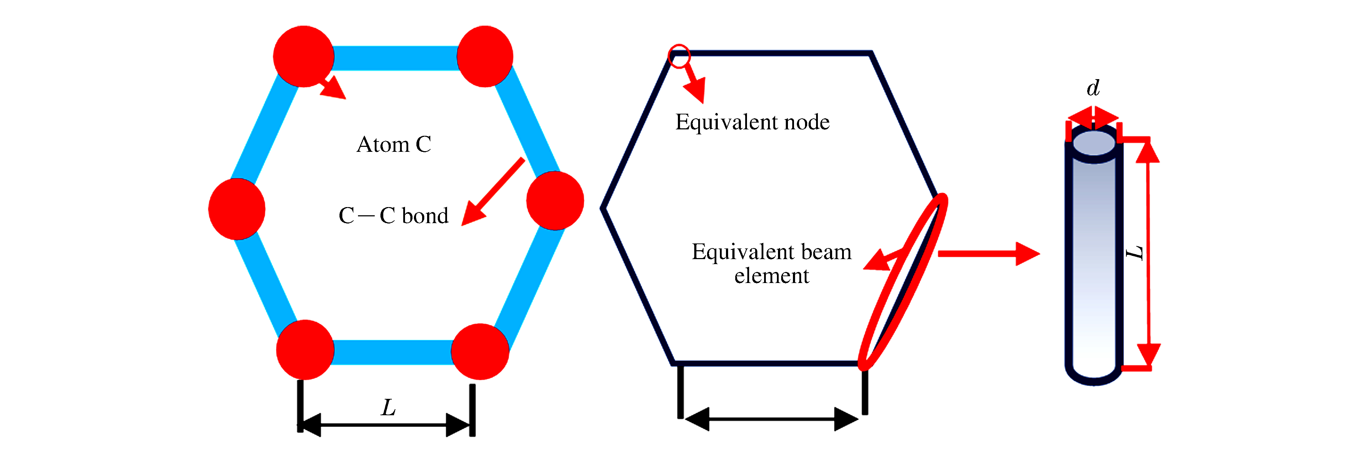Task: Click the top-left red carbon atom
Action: click(303, 56)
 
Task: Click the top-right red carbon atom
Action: click(484, 56)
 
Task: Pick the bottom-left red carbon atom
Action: click(305, 350)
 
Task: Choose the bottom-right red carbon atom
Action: click(480, 351)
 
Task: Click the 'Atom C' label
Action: click(394, 144)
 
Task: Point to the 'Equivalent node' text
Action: click(752, 122)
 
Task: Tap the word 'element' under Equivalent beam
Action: click(771, 276)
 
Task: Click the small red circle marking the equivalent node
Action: click(679, 56)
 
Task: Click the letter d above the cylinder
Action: click(1093, 88)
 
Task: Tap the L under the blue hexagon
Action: click(389, 408)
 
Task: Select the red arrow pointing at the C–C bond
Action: click(492, 192)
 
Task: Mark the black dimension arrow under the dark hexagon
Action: click(772, 420)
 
